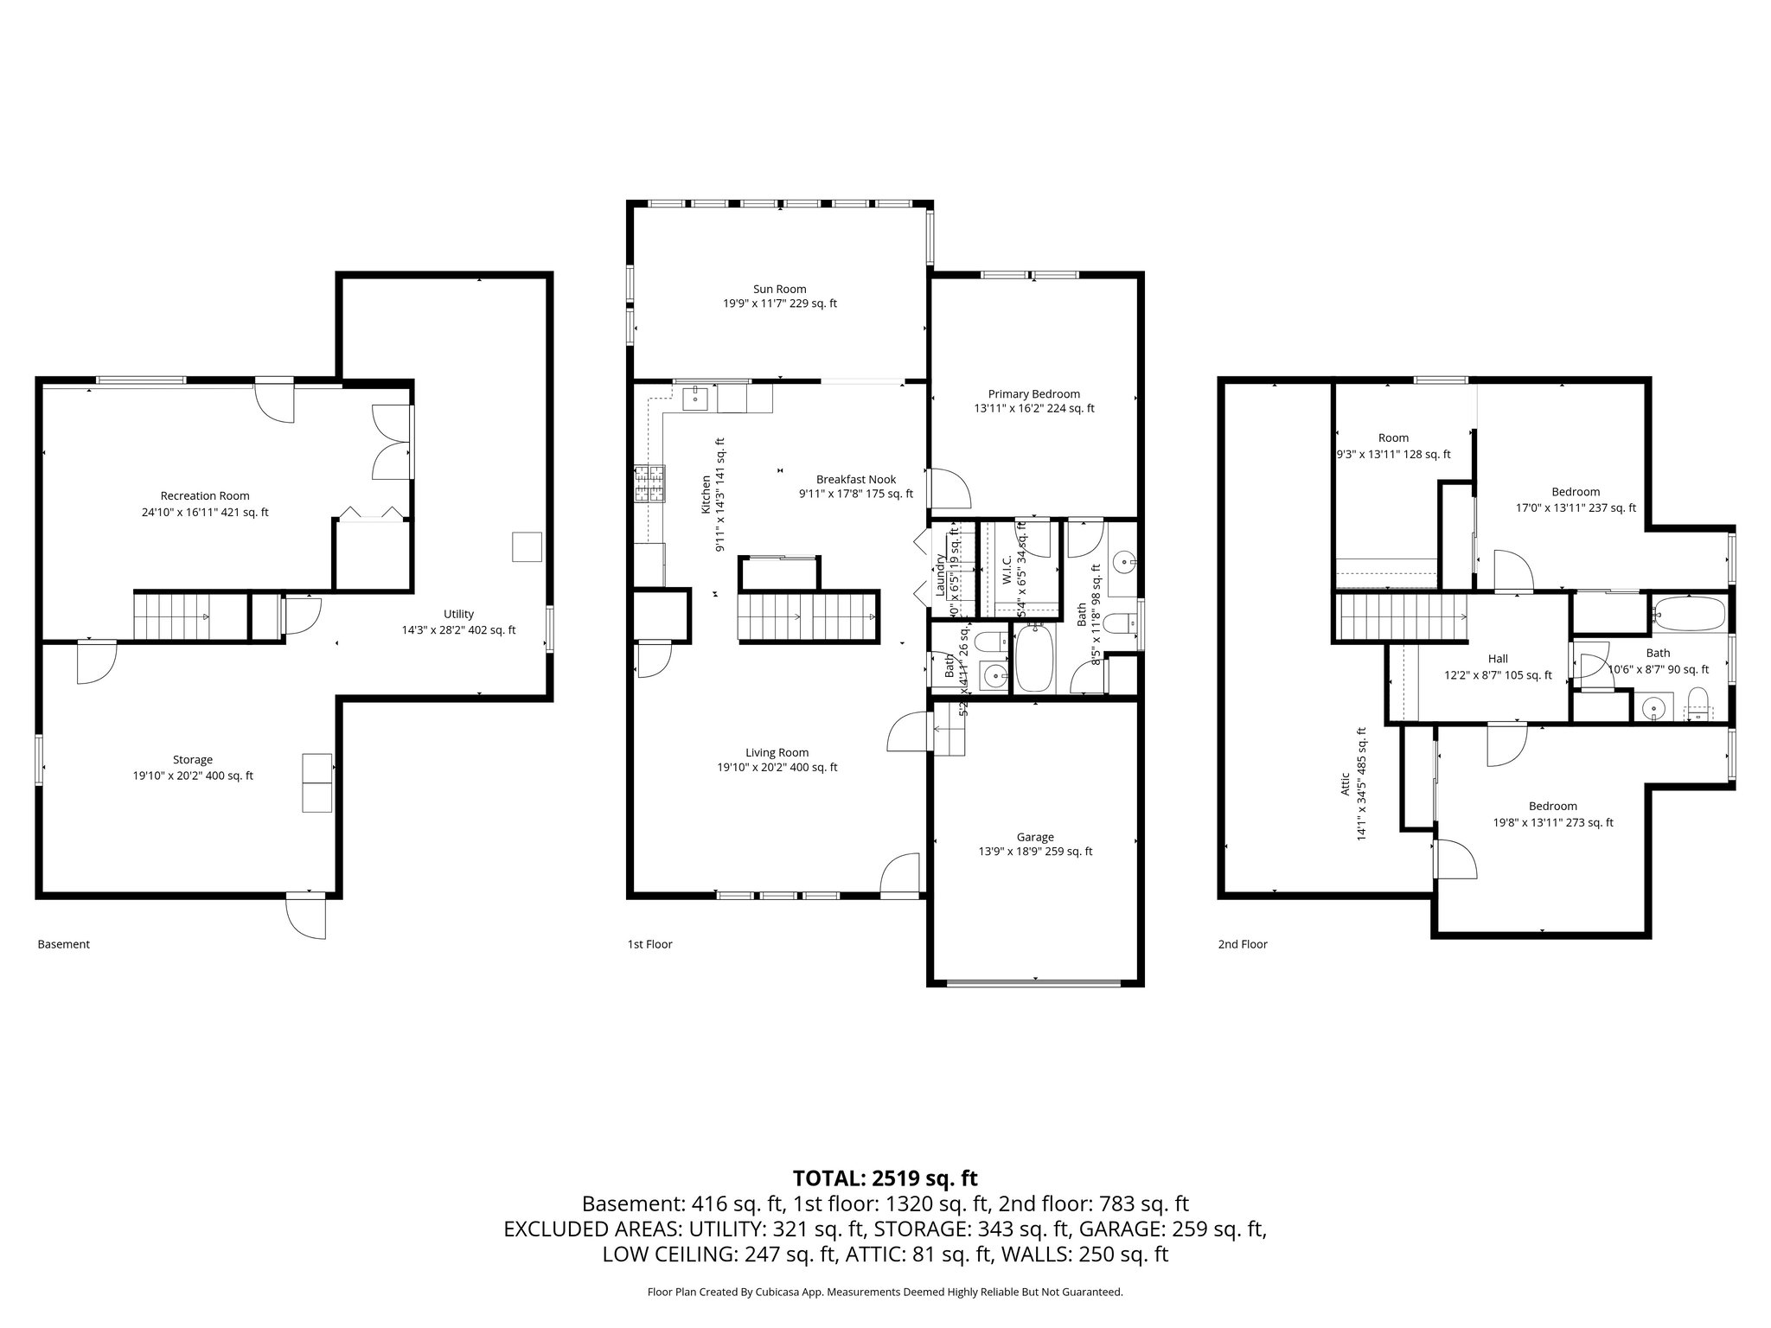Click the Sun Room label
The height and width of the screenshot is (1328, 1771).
pyautogui.click(x=779, y=289)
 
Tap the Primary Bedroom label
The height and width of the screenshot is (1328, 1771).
pyautogui.click(x=1033, y=393)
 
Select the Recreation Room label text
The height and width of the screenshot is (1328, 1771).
pyautogui.click(x=205, y=495)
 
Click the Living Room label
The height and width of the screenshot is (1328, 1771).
pyautogui.click(x=777, y=752)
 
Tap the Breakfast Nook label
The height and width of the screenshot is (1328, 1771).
pyautogui.click(x=855, y=479)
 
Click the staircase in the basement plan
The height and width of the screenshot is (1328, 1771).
pyautogui.click(x=173, y=616)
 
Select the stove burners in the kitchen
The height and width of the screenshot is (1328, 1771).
pyautogui.click(x=650, y=484)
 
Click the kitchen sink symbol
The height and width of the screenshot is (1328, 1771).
pyautogui.click(x=695, y=399)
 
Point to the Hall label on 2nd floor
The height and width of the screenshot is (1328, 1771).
pyautogui.click(x=1498, y=659)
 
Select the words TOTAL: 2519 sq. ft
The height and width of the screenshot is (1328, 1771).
pyautogui.click(x=885, y=1178)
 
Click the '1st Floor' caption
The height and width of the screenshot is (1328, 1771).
pyautogui.click(x=649, y=944)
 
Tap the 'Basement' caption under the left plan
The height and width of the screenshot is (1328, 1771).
pyautogui.click(x=63, y=944)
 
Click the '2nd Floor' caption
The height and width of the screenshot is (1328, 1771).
pyautogui.click(x=1242, y=944)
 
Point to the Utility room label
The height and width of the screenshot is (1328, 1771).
pyautogui.click(x=458, y=614)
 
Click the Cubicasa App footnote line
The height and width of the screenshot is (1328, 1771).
pyautogui.click(x=885, y=1293)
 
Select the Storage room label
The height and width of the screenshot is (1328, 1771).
pyautogui.click(x=192, y=760)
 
